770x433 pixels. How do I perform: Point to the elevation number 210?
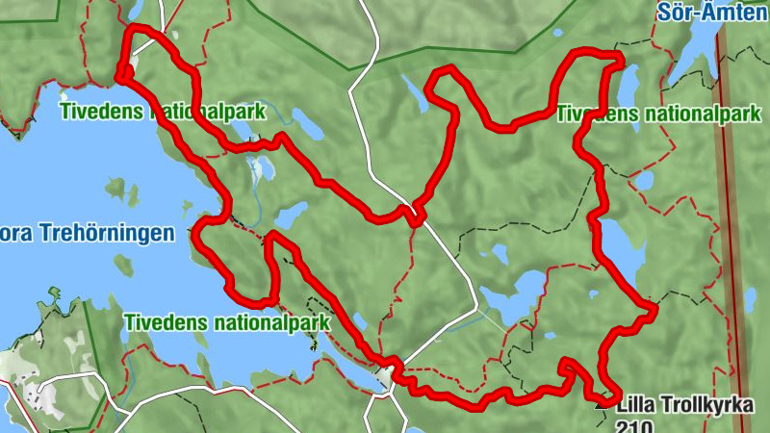[636, 427]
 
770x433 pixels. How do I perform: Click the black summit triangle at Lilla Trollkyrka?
[603, 405]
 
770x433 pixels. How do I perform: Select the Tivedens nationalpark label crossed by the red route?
[162, 111]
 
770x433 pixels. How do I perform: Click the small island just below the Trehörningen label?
[122, 264]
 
